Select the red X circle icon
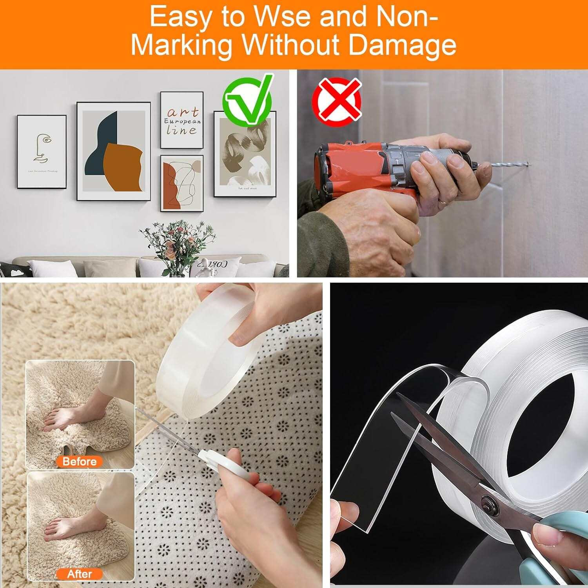coord(337,100)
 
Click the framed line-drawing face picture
coord(42,151)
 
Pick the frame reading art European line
coord(182,120)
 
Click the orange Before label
coord(80,461)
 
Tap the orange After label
coord(80,574)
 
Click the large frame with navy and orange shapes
coord(114,151)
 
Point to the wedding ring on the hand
coord(442,201)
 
